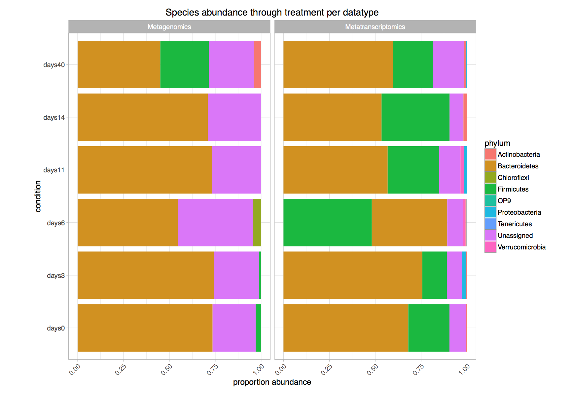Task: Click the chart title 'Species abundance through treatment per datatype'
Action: point(272,13)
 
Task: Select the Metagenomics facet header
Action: point(169,27)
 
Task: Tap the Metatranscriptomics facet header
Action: point(375,27)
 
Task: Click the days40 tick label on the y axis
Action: point(54,65)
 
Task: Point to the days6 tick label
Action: point(56,223)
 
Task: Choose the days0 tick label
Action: point(56,328)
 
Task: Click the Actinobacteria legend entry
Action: point(519,154)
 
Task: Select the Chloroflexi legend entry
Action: point(513,178)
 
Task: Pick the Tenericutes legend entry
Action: point(515,224)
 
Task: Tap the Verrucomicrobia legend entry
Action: point(521,247)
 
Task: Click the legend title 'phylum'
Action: point(497,143)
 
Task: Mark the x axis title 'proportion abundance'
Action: point(272,382)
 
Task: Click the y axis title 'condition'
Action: point(38,196)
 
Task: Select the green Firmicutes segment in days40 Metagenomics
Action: point(184,65)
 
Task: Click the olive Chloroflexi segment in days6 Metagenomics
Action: point(257,223)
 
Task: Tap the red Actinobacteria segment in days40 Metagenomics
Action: point(258,65)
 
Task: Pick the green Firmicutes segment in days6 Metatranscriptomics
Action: point(327,223)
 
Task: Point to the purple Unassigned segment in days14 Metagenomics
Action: point(234,117)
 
